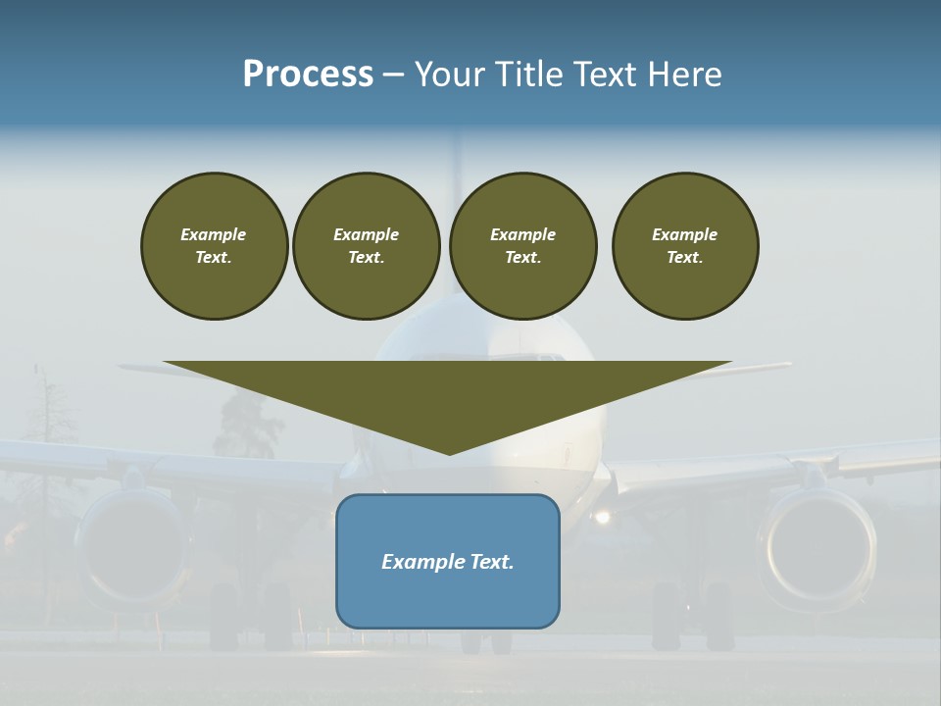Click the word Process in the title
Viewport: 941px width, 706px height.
[308, 75]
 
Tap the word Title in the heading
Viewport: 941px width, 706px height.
[527, 75]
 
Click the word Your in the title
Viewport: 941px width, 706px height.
[450, 75]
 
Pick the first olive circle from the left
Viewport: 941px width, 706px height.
[214, 245]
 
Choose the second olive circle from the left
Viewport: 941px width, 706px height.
[366, 245]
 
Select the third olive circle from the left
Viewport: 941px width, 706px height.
[522, 245]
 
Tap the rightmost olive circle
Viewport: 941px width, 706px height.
[685, 245]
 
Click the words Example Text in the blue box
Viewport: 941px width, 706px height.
[448, 562]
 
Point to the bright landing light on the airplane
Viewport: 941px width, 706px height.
[602, 516]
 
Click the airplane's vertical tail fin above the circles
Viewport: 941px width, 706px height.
[454, 157]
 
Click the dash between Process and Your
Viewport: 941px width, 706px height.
[393, 75]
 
